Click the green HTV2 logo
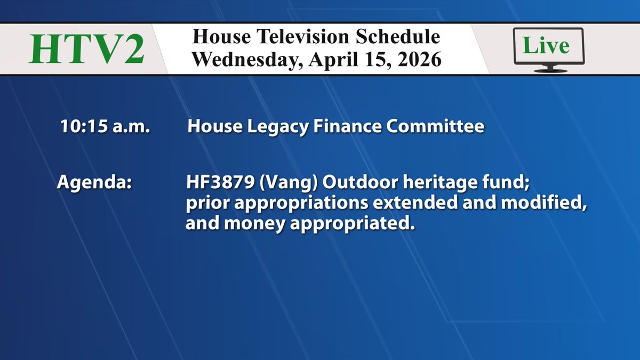coord(86,49)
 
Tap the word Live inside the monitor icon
coord(546,45)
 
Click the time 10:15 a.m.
coord(105,127)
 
